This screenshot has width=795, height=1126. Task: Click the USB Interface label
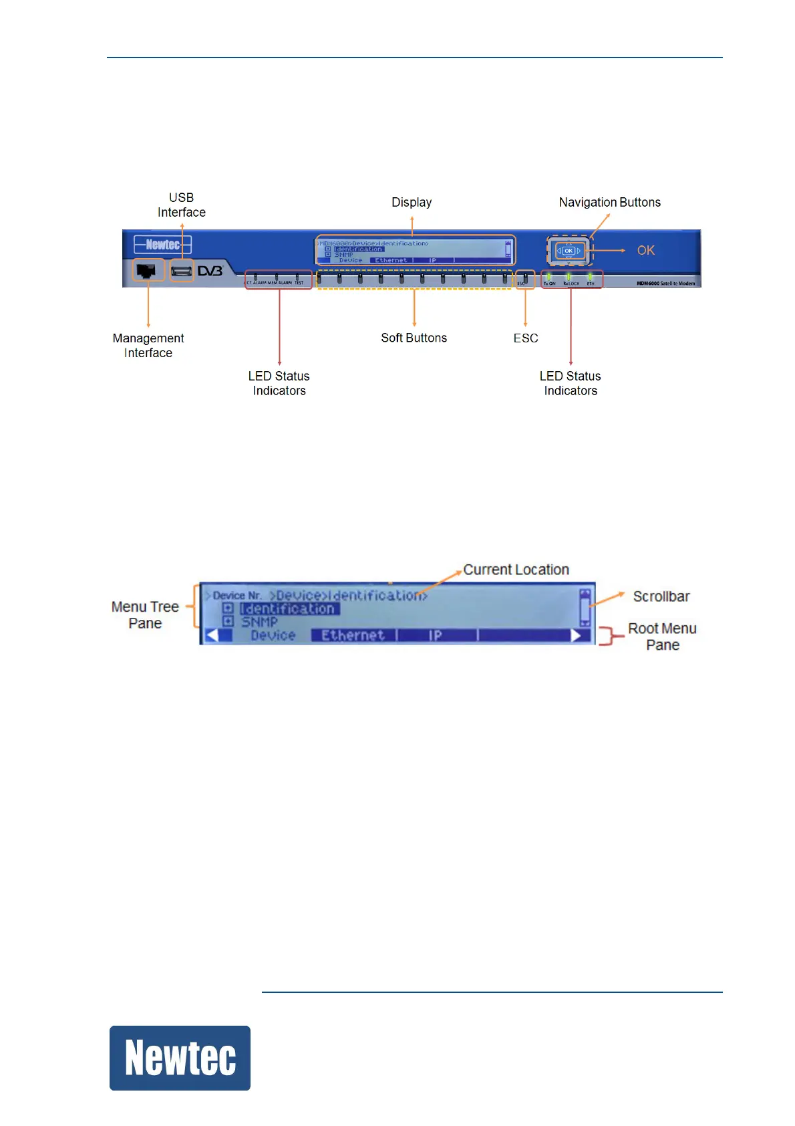click(x=181, y=205)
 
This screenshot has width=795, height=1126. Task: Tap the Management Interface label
click(x=148, y=346)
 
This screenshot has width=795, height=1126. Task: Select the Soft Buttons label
click(x=414, y=338)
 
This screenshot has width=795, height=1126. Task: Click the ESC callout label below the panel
click(x=526, y=338)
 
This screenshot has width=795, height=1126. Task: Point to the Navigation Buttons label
click(x=609, y=202)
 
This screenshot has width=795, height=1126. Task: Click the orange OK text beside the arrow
click(x=645, y=250)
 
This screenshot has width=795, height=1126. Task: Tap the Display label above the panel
click(x=412, y=202)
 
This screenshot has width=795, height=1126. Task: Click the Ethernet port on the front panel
click(x=147, y=270)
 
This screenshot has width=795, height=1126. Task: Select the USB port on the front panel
click(x=181, y=271)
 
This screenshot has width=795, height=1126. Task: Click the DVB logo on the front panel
click(x=210, y=271)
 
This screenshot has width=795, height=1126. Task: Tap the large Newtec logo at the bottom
click(x=180, y=1058)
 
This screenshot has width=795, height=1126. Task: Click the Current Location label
click(x=516, y=570)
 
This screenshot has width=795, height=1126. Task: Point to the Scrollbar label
click(x=661, y=596)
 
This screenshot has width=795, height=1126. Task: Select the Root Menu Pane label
click(x=662, y=637)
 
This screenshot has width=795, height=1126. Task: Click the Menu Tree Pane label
click(x=145, y=615)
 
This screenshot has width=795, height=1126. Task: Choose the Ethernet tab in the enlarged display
click(x=353, y=635)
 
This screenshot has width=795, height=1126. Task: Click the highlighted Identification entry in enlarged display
click(x=289, y=608)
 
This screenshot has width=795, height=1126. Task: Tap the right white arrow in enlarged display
click(x=577, y=635)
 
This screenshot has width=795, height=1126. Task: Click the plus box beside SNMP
click(x=228, y=622)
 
